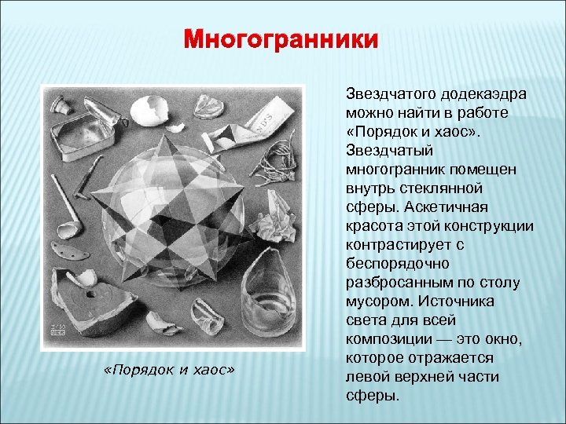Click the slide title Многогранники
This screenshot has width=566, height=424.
tap(281, 39)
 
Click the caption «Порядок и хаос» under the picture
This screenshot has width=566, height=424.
tap(170, 369)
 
